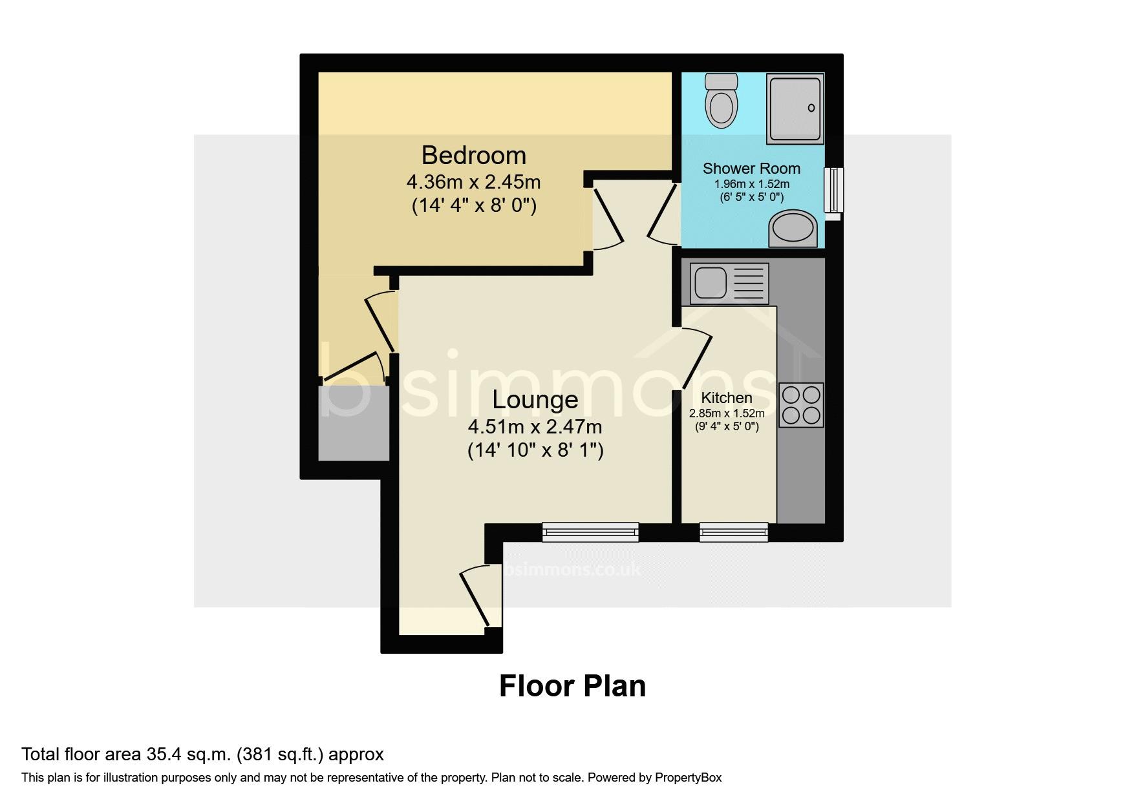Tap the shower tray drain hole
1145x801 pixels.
811,109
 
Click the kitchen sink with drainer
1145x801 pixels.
729,284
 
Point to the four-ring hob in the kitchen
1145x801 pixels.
802,405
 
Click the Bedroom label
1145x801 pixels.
474,156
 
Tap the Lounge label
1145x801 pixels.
535,400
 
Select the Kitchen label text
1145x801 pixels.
727,398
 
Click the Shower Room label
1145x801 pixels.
751,169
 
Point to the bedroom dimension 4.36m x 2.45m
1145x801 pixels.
473,182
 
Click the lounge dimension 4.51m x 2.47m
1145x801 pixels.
535,427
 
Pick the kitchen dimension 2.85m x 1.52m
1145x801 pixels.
727,413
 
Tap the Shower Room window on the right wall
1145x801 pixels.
833,190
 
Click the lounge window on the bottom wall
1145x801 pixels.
590,532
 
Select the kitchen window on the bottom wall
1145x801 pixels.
734,532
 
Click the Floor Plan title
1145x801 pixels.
572,686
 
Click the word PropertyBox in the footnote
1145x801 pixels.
688,778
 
